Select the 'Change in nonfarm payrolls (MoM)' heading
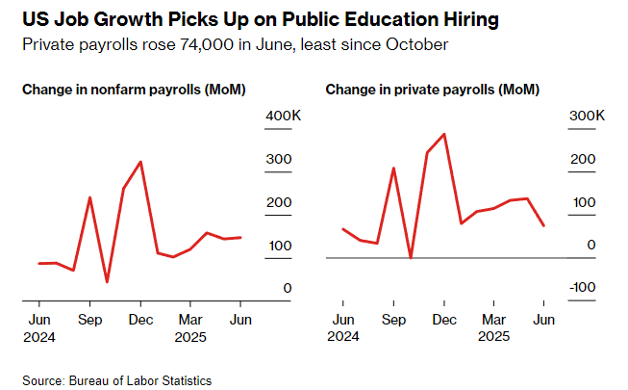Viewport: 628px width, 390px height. point(134,90)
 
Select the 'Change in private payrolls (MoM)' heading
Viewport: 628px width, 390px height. point(432,90)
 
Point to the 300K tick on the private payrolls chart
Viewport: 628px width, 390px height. point(586,116)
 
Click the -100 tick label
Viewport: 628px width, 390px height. point(586,288)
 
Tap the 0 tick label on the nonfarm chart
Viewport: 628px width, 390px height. point(288,288)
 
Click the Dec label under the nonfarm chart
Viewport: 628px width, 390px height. point(141,319)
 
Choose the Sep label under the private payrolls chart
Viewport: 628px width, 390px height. point(393,319)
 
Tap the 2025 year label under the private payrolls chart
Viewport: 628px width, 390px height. point(494,336)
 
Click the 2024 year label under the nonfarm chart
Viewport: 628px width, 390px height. point(39,336)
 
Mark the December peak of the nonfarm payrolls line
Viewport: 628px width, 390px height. point(141,162)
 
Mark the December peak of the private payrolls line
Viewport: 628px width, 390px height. point(443,134)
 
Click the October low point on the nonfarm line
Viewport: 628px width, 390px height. point(107,282)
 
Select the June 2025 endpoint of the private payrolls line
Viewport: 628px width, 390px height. point(544,225)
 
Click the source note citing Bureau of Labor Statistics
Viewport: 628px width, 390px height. point(117,380)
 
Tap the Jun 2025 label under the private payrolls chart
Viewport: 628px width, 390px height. point(544,319)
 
